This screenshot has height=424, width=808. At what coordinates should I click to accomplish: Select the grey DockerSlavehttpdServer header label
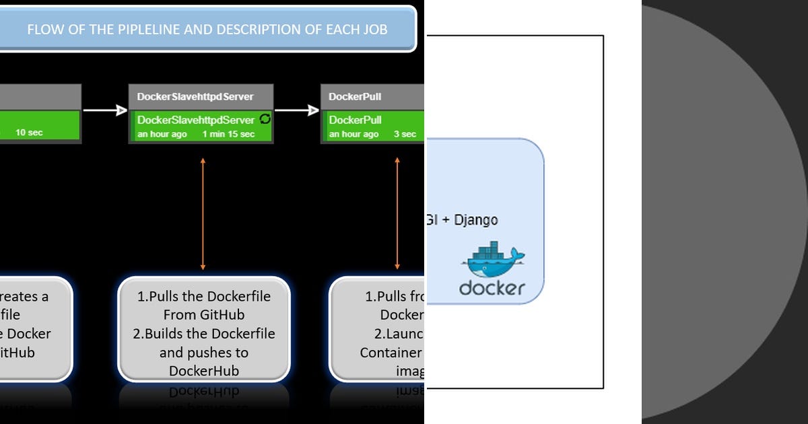tap(195, 96)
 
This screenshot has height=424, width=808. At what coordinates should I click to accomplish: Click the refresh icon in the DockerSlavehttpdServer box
tap(265, 119)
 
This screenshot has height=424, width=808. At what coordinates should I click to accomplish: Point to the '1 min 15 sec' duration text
tap(228, 134)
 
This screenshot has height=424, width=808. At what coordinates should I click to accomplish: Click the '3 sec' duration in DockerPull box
tap(405, 134)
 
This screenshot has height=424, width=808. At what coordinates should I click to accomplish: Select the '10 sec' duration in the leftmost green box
tap(29, 133)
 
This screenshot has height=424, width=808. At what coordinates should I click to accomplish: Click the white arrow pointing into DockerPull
tap(297, 111)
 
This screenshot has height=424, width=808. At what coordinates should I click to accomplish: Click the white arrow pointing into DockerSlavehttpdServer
tap(105, 111)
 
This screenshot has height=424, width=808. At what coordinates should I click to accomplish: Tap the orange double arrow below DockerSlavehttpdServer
tap(203, 214)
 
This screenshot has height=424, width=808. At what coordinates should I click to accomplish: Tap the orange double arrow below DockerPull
tap(397, 214)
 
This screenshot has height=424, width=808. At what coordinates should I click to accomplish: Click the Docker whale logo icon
tap(493, 260)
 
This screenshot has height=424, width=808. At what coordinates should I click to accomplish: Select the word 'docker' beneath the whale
tap(492, 288)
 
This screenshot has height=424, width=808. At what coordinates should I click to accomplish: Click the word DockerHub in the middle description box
tap(203, 371)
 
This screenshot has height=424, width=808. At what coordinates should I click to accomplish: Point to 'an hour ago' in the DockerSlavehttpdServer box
tap(162, 134)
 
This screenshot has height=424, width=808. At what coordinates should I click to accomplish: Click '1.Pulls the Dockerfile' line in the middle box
tap(203, 296)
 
